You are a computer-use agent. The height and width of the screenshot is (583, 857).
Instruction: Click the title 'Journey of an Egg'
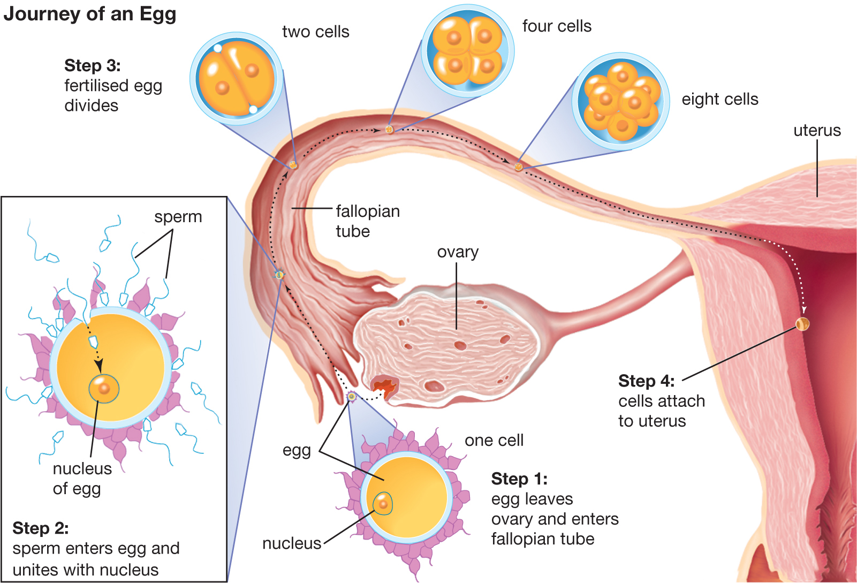click(90, 14)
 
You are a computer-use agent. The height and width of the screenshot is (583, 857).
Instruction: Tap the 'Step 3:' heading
click(93, 65)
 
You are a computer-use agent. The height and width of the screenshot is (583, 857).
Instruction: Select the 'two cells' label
click(316, 32)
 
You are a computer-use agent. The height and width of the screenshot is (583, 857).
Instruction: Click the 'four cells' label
click(557, 26)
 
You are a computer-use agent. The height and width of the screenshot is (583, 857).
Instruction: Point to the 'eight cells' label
click(720, 99)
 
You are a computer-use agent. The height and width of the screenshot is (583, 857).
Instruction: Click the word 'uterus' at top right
click(817, 131)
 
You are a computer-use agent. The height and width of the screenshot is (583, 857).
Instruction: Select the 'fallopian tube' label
click(368, 221)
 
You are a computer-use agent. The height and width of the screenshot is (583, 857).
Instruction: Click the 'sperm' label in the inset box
click(178, 217)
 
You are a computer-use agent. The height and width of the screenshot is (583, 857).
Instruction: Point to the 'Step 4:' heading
click(647, 381)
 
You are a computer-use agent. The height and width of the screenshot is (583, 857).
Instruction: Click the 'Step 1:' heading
click(520, 479)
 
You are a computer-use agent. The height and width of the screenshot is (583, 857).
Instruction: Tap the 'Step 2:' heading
click(41, 528)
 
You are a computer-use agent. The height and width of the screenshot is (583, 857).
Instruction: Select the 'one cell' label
click(494, 440)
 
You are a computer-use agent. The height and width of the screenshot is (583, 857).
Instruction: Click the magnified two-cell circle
click(237, 78)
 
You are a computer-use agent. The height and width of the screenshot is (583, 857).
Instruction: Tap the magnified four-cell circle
click(467, 50)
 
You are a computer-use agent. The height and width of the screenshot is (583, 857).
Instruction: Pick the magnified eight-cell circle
click(620, 101)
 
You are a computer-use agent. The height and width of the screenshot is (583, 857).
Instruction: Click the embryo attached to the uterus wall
click(802, 324)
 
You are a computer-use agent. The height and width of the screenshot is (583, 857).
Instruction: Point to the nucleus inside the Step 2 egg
click(104, 389)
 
